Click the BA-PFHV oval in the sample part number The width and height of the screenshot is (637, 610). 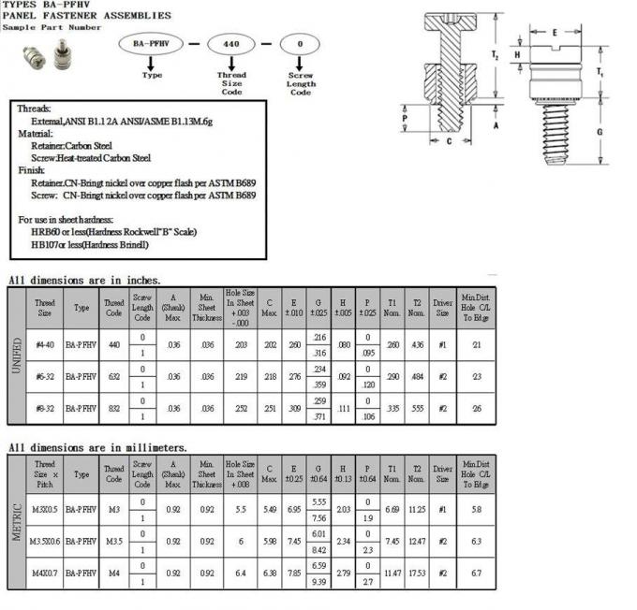coord(150,43)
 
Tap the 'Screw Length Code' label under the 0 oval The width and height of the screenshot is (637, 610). coord(300,84)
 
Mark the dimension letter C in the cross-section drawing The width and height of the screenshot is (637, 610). coord(450,142)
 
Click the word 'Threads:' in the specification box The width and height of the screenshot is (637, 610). coord(35,109)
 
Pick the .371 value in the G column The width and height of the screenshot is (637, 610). coord(318,415)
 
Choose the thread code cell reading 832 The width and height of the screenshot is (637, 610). coord(113,408)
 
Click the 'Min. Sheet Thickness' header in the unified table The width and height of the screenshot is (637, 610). coord(206,305)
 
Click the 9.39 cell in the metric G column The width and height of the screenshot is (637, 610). coord(318,581)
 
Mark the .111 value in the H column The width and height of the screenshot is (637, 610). coord(343,408)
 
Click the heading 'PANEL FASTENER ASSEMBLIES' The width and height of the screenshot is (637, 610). coord(86,16)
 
